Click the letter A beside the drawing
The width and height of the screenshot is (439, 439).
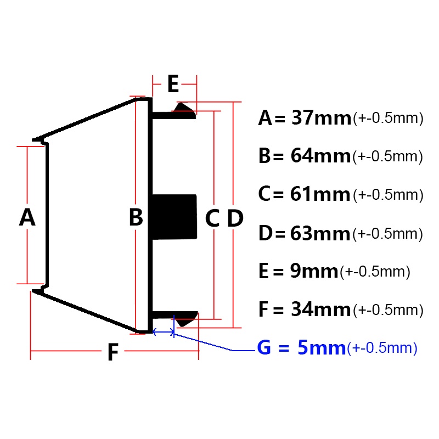[27, 217]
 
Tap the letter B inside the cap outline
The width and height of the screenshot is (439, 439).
[136, 217]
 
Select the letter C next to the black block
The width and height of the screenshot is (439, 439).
[212, 218]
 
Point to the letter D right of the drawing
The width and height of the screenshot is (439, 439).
[235, 218]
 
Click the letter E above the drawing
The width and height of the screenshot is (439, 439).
[173, 83]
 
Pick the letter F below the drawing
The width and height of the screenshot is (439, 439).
[113, 352]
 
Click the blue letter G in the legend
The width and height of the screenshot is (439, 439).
[264, 347]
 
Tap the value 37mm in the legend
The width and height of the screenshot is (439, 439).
[321, 117]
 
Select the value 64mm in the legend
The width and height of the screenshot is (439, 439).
[320, 156]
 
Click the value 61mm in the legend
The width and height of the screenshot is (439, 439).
[320, 194]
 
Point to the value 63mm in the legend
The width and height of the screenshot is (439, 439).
[320, 233]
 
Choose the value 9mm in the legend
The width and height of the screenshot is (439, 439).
[314, 271]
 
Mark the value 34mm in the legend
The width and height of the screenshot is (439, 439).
[321, 309]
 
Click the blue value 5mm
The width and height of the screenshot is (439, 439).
[322, 347]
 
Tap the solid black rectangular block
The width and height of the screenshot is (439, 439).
[175, 217]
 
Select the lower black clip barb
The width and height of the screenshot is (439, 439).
[187, 319]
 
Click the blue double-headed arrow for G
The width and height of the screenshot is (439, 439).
[164, 332]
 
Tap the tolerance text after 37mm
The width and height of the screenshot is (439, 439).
[388, 118]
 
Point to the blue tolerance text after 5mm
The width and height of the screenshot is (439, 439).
[382, 348]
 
